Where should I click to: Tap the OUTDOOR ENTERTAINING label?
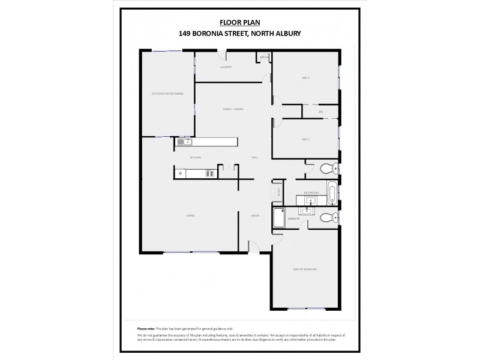coord(167,94)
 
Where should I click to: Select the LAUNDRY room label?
coord(226,67)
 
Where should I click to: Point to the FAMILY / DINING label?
coord(233,109)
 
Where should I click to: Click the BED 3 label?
coord(305,78)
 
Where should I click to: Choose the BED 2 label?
coord(305,139)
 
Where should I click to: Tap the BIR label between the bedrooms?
coord(321,112)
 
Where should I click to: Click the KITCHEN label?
coord(195,157)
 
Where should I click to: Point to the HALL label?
coord(254,157)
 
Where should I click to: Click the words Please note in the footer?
coord(146,329)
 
